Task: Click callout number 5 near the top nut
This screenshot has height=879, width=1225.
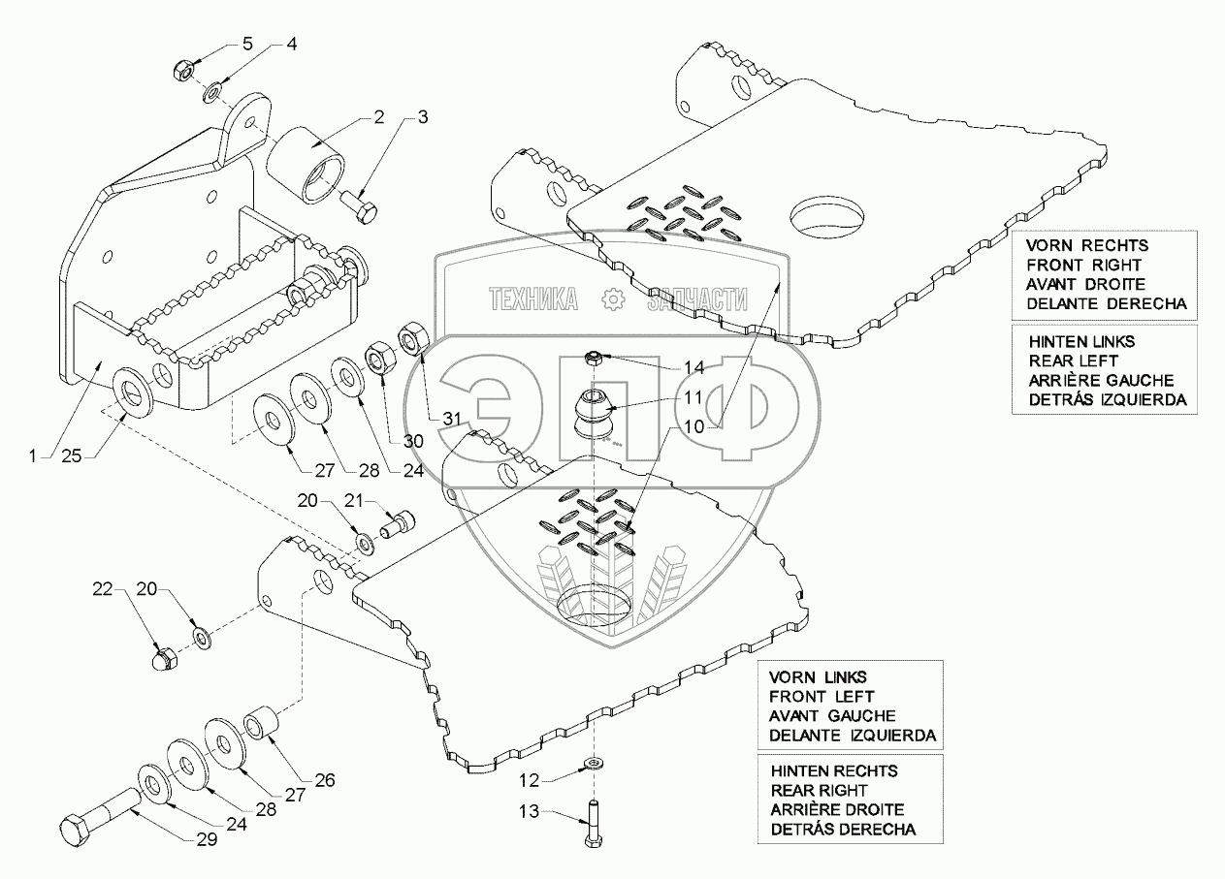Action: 246,45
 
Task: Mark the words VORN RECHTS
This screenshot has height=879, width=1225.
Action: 1076,245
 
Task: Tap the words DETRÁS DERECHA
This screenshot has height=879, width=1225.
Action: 843,829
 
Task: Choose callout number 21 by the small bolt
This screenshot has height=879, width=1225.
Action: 353,500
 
